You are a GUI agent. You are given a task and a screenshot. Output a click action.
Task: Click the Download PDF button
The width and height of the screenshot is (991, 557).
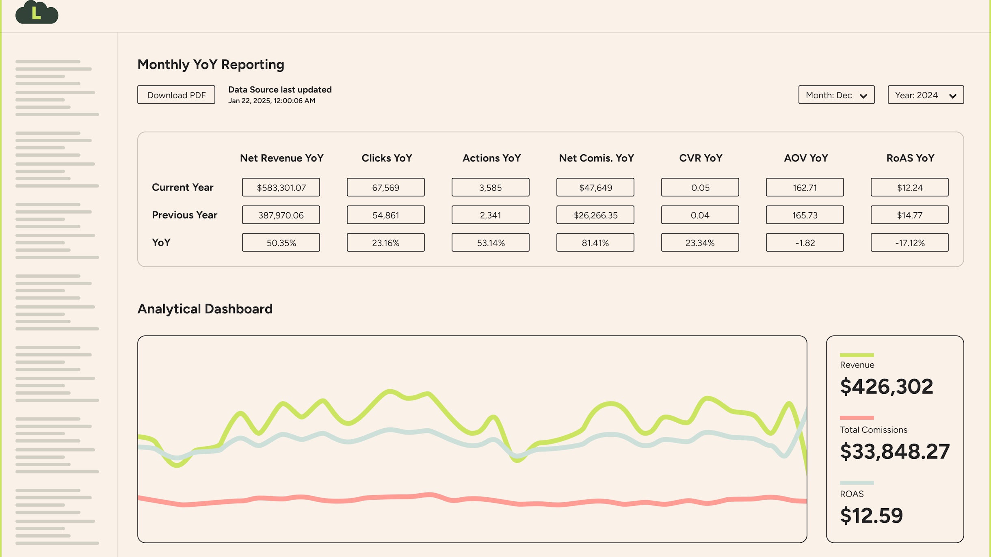176,95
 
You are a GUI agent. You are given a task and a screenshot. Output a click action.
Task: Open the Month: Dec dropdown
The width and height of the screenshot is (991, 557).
836,95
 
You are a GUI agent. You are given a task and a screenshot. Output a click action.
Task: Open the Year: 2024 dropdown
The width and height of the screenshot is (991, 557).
925,95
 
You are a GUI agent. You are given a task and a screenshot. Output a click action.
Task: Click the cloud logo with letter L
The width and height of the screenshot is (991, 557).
37,13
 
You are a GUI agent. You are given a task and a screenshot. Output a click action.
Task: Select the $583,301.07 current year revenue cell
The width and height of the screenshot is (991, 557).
281,188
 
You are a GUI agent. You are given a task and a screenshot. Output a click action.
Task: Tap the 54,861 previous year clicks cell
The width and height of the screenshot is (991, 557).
385,215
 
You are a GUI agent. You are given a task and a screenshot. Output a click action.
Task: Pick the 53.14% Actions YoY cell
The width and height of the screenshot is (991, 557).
490,243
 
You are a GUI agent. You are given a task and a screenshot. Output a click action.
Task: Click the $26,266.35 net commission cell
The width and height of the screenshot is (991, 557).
595,215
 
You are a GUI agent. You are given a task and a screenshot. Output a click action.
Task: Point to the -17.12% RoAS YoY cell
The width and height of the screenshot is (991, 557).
909,243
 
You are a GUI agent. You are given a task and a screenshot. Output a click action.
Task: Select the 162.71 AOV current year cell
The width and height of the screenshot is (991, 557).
805,188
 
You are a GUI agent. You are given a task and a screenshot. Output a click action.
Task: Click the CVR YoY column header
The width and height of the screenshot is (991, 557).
701,158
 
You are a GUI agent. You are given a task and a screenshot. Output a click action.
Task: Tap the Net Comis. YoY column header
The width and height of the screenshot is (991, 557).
596,158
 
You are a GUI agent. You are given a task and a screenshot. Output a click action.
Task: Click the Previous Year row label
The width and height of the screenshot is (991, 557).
184,215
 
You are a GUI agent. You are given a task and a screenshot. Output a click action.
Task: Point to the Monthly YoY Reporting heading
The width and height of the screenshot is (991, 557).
210,65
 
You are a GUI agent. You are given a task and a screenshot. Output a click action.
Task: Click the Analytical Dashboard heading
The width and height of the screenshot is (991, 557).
205,309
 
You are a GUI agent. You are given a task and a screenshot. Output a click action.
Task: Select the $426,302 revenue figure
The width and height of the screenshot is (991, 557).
886,386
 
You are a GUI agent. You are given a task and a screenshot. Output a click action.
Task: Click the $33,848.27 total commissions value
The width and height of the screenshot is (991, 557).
894,451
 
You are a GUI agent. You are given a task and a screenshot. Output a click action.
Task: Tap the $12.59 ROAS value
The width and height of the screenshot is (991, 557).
871,515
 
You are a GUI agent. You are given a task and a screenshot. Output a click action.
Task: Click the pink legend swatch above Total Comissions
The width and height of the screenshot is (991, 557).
857,418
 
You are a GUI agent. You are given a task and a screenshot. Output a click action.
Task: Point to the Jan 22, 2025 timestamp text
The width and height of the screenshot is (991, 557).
271,101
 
